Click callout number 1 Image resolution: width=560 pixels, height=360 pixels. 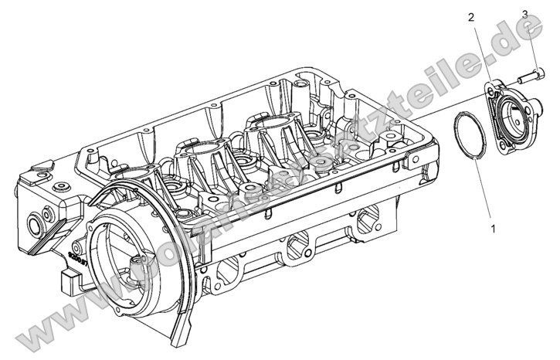pos(494,229)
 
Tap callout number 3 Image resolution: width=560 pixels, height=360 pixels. pos(524,15)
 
